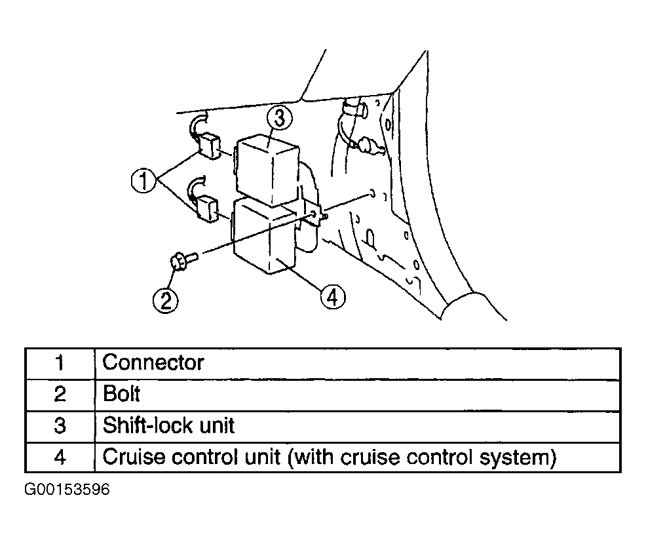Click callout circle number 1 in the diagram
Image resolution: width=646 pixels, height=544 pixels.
click(143, 182)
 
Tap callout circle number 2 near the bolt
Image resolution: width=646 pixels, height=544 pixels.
click(166, 300)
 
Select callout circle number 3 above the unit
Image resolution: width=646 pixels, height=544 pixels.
click(279, 118)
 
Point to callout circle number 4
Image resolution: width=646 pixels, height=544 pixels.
click(333, 297)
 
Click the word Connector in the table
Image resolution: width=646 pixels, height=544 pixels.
click(153, 363)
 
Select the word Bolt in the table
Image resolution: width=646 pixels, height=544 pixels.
click(122, 394)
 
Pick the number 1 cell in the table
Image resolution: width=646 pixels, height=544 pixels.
click(60, 363)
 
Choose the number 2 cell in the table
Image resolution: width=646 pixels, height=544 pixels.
click(60, 395)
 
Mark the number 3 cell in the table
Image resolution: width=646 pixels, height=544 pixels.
click(60, 426)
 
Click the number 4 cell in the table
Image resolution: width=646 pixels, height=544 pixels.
click(60, 457)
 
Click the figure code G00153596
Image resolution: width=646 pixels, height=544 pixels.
click(67, 490)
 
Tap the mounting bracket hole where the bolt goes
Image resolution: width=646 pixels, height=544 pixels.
click(314, 214)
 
